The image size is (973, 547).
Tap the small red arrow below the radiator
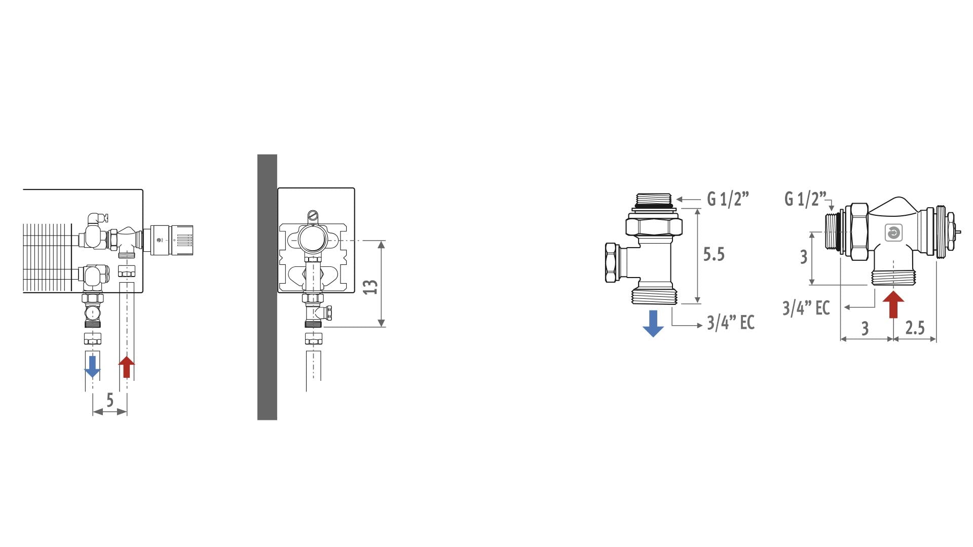[x=126, y=367]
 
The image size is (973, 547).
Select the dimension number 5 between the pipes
[x=110, y=400]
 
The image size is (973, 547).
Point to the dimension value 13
[x=371, y=287]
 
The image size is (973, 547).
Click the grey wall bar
[x=267, y=287]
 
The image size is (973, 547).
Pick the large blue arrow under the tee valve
[x=653, y=324]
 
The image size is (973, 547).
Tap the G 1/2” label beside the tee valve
[x=728, y=199]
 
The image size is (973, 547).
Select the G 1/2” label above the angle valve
[x=805, y=199]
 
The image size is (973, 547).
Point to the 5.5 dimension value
[x=714, y=254]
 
